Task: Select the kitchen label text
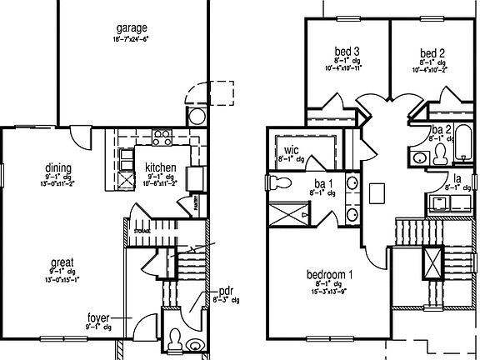pos(160,167)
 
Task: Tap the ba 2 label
pos(442,130)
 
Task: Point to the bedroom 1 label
pos(318,275)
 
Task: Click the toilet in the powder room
pos(176,338)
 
